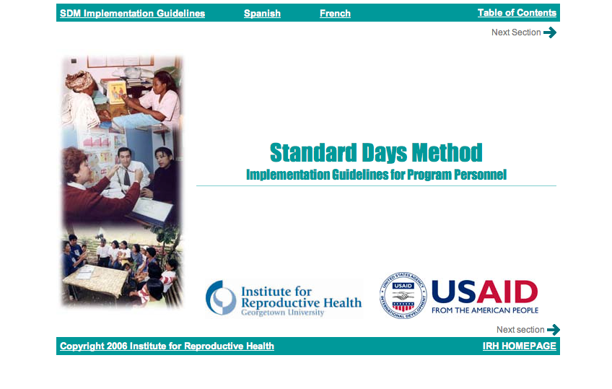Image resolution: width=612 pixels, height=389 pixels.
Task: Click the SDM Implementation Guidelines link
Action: tap(132, 13)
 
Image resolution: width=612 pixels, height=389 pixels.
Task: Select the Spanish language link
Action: tap(262, 13)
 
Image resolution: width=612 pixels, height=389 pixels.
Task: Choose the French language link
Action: tap(336, 13)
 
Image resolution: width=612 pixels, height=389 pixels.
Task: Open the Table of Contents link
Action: tap(517, 12)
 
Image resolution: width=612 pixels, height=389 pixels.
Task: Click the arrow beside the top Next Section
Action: tap(550, 32)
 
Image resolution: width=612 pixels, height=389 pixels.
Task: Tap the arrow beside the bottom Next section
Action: tap(554, 330)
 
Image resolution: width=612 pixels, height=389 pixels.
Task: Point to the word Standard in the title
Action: tap(313, 152)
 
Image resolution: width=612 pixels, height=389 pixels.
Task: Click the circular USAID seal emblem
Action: tap(403, 295)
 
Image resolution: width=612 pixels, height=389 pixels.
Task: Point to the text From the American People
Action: tap(485, 310)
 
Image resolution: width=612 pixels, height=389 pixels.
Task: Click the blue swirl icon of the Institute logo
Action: tap(221, 297)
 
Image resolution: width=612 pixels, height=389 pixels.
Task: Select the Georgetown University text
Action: tap(283, 312)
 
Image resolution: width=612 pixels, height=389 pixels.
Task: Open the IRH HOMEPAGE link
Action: tap(519, 346)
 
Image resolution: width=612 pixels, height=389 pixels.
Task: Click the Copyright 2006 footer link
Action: tap(167, 346)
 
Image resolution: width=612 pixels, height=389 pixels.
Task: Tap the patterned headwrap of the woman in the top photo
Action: tap(80, 81)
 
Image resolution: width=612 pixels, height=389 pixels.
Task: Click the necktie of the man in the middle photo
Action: tap(127, 177)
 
